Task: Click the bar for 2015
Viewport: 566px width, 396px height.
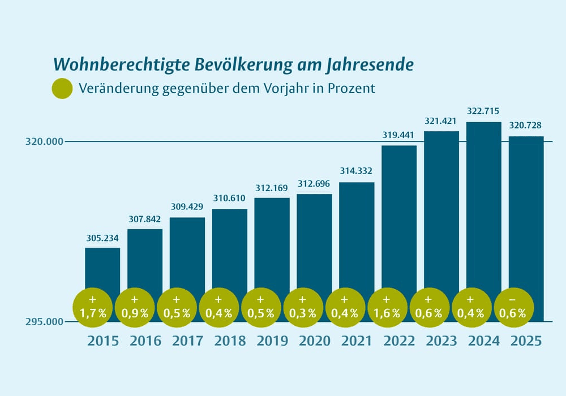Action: pos(102,269)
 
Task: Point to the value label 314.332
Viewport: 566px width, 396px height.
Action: pos(357,171)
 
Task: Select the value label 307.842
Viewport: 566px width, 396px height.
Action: pos(145,219)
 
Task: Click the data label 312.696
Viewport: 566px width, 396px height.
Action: pos(314,184)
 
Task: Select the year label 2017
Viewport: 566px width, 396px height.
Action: pos(188,341)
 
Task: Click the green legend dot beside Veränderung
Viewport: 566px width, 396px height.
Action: pos(62,89)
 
